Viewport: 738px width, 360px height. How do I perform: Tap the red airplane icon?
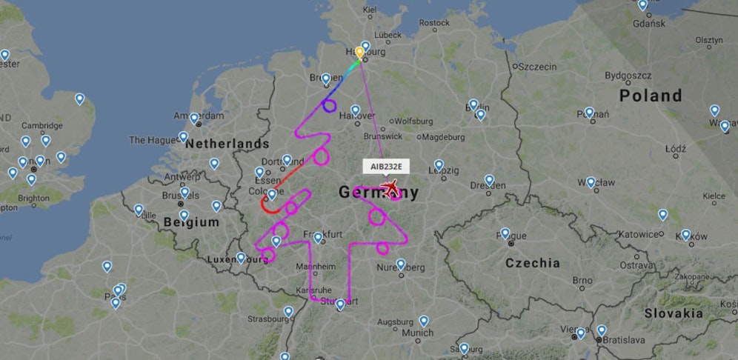[x=390, y=188]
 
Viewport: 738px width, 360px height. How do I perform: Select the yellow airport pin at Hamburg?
[x=359, y=53]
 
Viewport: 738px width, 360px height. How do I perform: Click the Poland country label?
[x=651, y=96]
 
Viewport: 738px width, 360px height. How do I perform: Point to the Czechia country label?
[x=533, y=263]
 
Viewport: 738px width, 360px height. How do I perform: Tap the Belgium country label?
[x=192, y=222]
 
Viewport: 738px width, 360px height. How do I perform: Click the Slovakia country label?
[x=673, y=313]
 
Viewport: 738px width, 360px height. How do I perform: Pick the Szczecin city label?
[x=537, y=67]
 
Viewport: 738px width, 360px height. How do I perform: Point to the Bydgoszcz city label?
[x=628, y=76]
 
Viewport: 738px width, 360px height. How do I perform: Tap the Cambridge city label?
[x=42, y=126]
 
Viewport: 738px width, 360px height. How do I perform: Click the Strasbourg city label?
[x=267, y=319]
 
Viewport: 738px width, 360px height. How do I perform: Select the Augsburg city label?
[x=395, y=322]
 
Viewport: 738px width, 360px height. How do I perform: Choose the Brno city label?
[x=582, y=281]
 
